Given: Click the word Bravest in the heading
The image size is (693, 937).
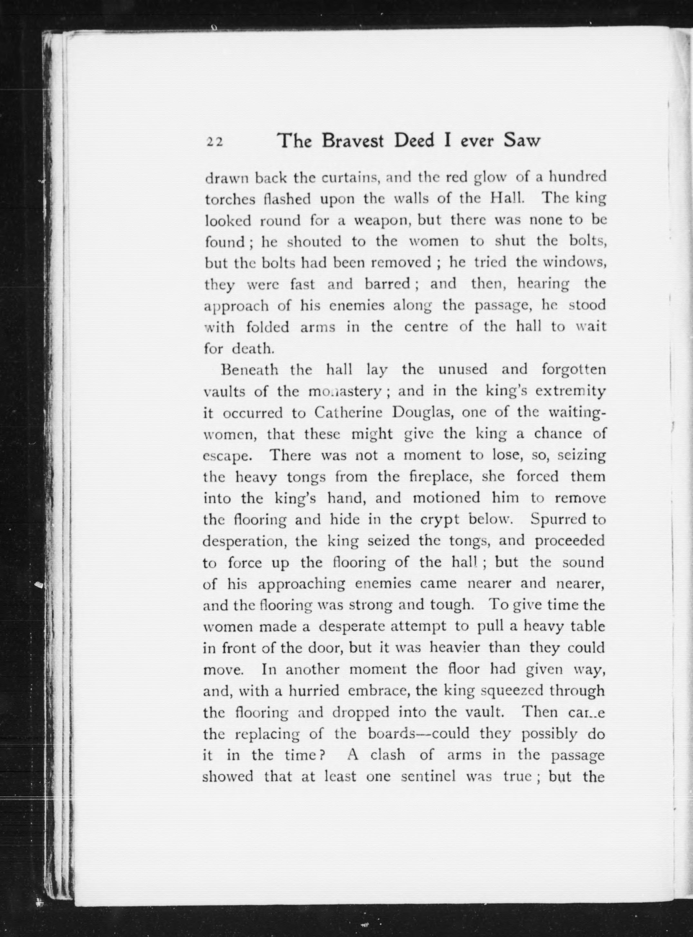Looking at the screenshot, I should coord(353,141).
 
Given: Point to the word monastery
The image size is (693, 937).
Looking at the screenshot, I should coord(344,392).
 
